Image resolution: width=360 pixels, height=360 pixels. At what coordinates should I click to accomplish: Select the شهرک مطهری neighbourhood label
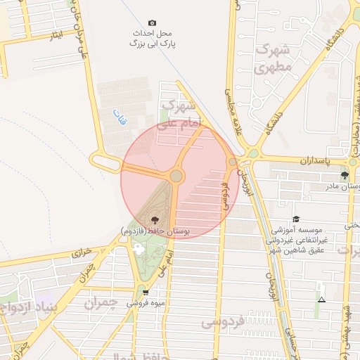tap(273, 59)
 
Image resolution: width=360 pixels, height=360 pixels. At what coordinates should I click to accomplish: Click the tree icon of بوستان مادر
tap(344, 175)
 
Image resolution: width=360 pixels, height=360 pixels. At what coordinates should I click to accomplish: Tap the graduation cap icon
tap(296, 219)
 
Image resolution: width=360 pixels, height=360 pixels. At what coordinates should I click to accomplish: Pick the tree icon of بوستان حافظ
tap(155, 220)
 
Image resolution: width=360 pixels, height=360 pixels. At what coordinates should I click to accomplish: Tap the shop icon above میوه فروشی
tap(146, 292)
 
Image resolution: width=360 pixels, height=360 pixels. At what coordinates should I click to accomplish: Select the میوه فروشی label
tap(145, 304)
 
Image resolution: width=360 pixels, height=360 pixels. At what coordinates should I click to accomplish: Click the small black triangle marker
tap(321, 300)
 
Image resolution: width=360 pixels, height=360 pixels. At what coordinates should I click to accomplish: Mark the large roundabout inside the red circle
tap(176, 175)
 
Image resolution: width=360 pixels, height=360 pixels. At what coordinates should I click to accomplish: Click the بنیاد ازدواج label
tap(28, 302)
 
